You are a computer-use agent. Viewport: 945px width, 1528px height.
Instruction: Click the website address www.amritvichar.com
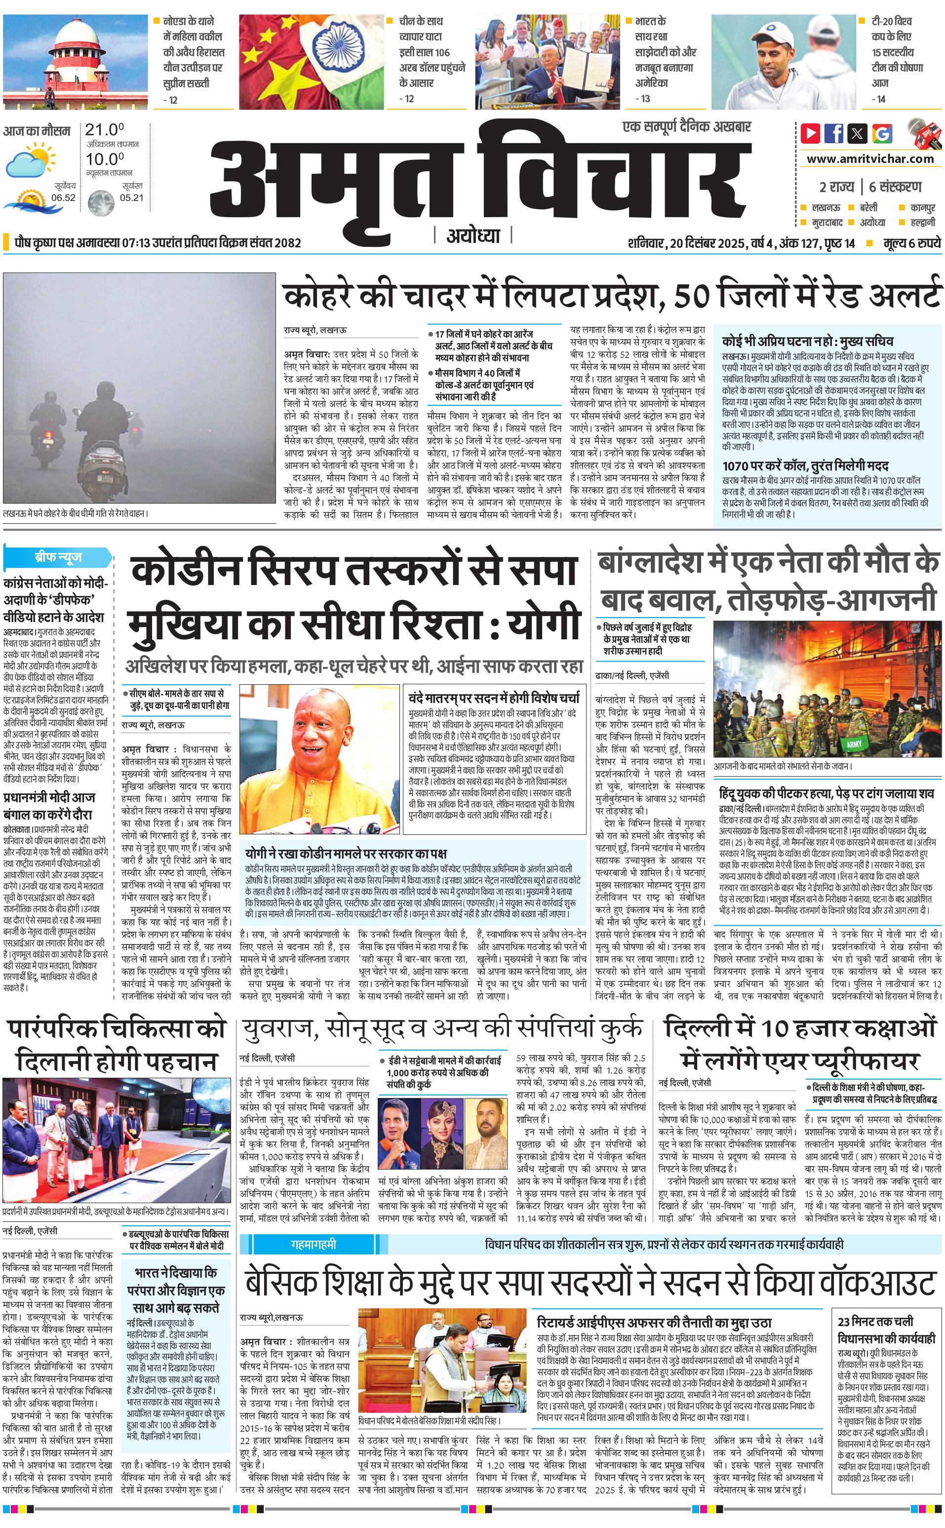870,159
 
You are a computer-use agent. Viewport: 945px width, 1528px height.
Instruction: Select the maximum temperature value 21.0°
104,130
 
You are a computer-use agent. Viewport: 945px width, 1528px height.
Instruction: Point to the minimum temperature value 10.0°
104,159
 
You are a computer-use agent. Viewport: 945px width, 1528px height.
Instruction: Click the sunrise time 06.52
63,197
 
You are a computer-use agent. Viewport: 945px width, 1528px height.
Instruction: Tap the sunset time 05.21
131,197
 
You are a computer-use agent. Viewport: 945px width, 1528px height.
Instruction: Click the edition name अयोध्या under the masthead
473,235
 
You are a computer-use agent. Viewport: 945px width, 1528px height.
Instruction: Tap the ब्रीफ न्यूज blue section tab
58,557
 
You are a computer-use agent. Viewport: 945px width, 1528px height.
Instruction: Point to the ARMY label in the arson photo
854,744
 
